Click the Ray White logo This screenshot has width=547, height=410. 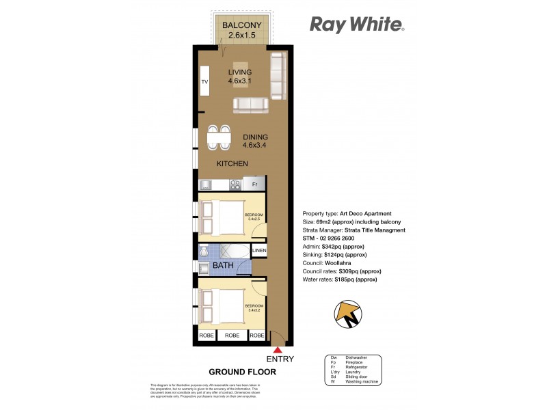[357, 25]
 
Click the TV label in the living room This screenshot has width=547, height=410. [204, 83]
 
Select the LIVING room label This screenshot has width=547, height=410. [240, 72]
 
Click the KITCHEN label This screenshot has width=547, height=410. [232, 164]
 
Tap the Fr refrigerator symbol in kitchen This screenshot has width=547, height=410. [254, 184]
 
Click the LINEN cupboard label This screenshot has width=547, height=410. [258, 252]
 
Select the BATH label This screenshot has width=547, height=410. [223, 264]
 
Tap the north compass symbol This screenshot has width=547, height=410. [347, 314]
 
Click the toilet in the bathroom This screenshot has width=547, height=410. [204, 252]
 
